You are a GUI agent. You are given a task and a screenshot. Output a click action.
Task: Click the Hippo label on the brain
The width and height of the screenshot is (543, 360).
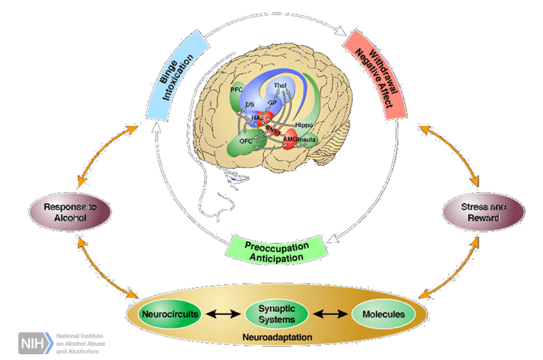click(303, 123)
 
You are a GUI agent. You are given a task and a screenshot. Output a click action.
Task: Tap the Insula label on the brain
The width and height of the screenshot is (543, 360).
click(308, 140)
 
